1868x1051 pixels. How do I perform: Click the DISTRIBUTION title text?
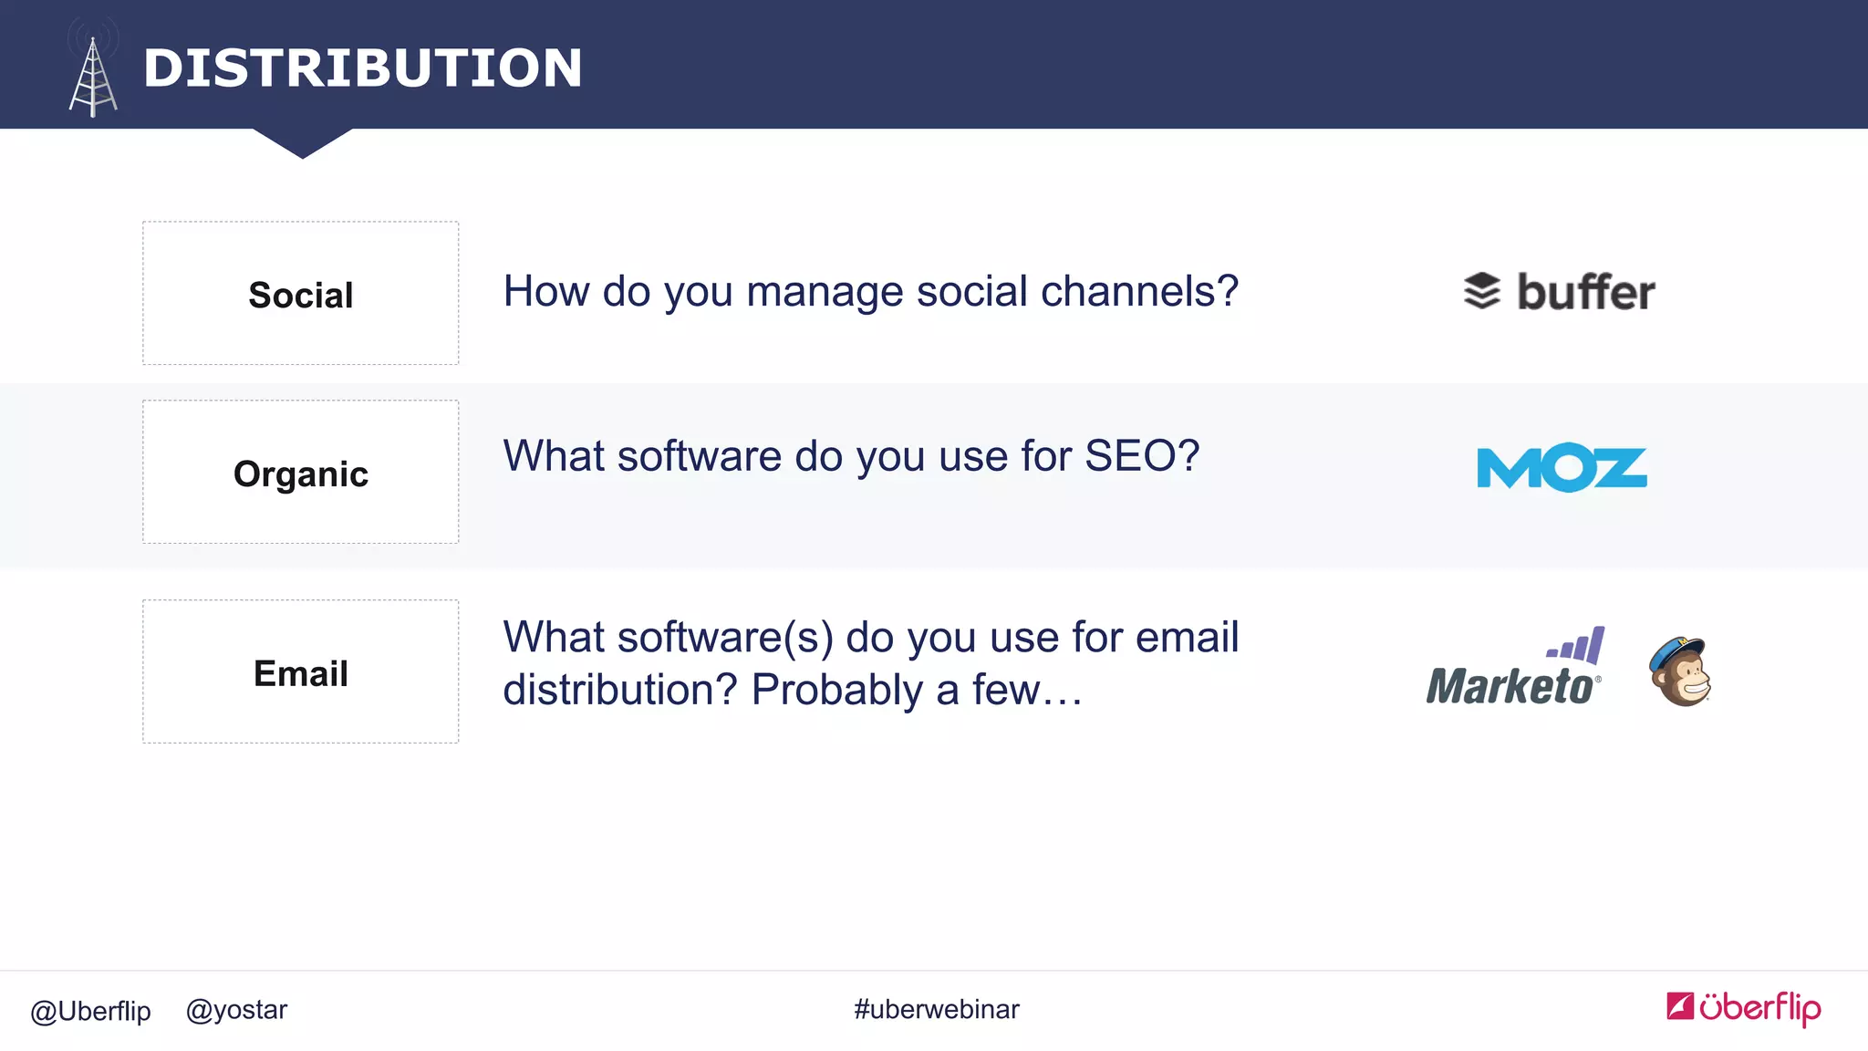coord(362,68)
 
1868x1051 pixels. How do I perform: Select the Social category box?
coord(300,294)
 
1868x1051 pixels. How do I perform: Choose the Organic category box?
coord(300,473)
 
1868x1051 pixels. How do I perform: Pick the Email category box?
coord(300,672)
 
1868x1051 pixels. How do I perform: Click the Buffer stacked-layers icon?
coord(1482,292)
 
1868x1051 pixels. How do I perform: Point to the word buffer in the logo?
coord(1585,293)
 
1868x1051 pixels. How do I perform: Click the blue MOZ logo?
coord(1562,468)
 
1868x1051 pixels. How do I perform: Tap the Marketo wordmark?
coord(1510,687)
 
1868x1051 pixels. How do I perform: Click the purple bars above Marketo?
coord(1577,646)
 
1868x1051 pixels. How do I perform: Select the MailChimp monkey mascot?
coord(1680,672)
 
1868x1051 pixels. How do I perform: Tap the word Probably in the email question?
coord(836,691)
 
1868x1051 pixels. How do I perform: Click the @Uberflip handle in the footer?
coord(90,1011)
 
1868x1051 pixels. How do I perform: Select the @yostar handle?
coord(236,1010)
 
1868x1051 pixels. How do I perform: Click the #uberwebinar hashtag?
coord(936,1009)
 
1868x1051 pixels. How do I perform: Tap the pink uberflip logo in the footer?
coord(1743,1008)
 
